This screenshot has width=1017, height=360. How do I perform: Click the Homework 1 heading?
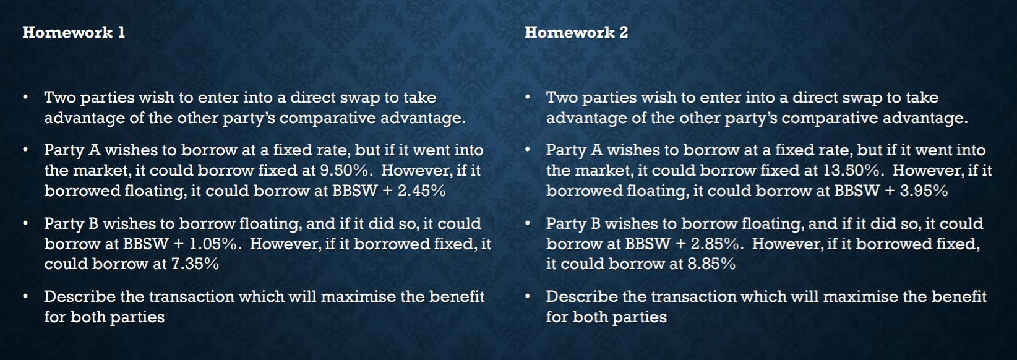[x=74, y=32]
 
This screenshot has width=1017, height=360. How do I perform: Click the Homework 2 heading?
[x=576, y=32]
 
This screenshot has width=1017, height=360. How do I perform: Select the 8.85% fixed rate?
[x=711, y=264]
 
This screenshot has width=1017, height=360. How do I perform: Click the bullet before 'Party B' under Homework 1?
[x=25, y=223]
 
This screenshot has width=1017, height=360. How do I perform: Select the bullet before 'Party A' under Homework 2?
[x=527, y=150]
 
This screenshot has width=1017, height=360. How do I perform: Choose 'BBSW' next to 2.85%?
[x=648, y=244]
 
